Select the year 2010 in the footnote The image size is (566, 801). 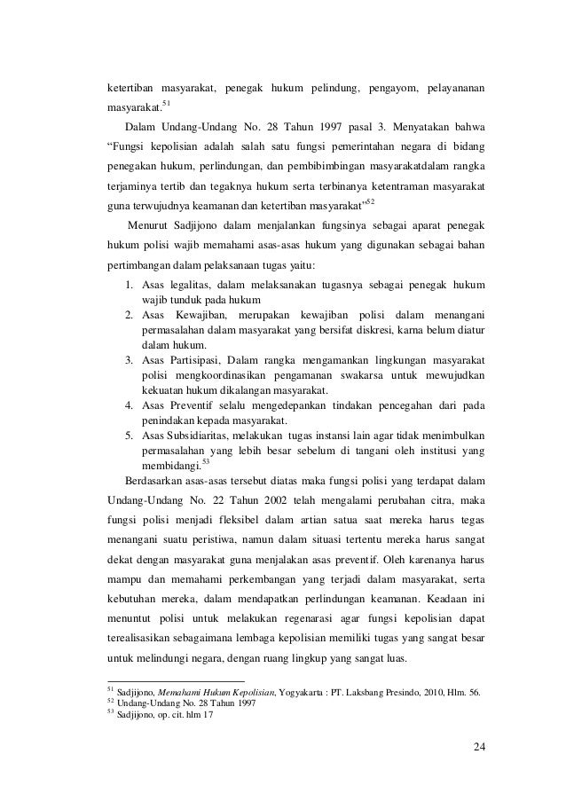(440, 693)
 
